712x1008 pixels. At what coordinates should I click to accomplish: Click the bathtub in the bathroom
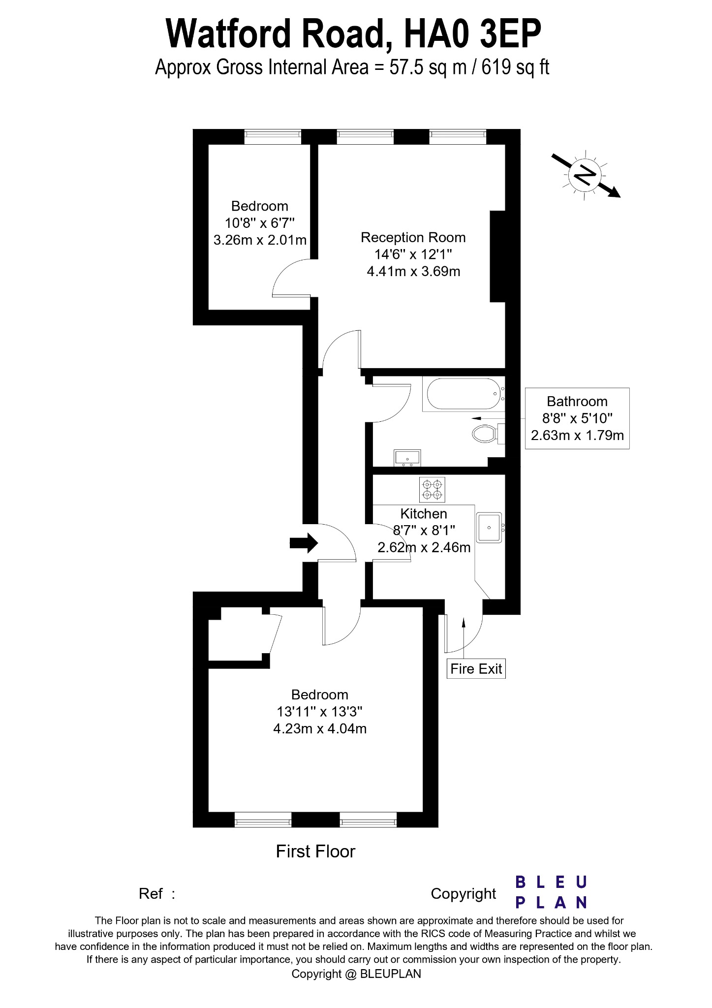463,394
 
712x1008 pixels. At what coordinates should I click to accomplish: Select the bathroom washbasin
407,458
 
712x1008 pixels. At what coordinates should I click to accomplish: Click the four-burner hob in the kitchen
432,490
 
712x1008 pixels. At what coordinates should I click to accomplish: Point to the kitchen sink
489,528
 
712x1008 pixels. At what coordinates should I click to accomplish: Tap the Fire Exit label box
476,669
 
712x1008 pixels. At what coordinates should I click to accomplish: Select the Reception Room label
413,238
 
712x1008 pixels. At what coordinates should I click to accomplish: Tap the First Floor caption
315,851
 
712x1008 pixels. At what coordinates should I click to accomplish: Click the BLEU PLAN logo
551,891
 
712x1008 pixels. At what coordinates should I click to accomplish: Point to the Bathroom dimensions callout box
577,418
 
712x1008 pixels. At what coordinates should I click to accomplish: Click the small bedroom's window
272,136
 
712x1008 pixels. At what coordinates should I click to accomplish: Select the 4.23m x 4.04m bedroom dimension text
320,728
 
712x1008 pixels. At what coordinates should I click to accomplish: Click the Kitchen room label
423,514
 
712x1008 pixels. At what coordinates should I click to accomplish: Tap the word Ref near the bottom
151,893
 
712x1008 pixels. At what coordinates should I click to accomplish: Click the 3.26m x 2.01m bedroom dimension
260,240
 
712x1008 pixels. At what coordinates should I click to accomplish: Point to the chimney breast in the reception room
497,256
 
